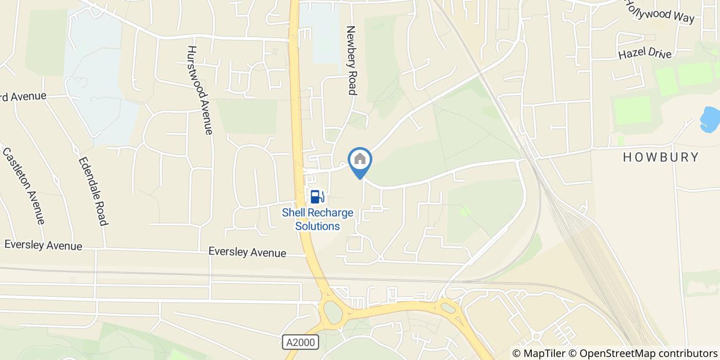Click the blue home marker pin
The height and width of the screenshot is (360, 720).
(x=360, y=160)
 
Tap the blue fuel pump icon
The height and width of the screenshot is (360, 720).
(x=316, y=196)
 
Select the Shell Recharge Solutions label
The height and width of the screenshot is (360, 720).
(x=317, y=220)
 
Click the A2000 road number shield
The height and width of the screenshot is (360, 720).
(x=301, y=342)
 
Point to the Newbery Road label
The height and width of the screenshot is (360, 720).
(x=352, y=61)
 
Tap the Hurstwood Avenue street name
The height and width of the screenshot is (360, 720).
(x=200, y=90)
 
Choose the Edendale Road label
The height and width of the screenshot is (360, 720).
(x=93, y=191)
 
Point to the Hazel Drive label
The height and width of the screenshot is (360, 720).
(x=645, y=53)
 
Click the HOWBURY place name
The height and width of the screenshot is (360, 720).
(x=661, y=157)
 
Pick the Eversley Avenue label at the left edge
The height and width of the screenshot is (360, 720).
(x=43, y=245)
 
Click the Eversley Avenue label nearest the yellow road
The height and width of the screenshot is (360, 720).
(x=247, y=253)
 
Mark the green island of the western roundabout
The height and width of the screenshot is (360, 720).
(x=333, y=312)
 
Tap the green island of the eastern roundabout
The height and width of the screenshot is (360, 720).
(x=449, y=308)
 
